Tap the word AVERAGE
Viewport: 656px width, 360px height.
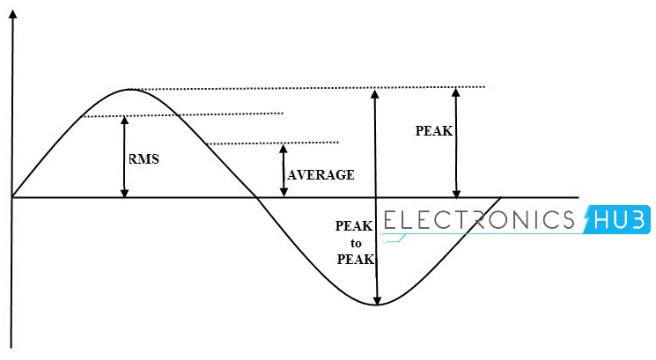coord(321,175)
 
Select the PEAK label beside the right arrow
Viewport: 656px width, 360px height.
coord(433,130)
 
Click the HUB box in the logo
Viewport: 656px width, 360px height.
coord(617,217)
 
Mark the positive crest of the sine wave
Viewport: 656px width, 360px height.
coord(130,90)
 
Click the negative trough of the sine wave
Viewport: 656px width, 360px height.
coord(377,305)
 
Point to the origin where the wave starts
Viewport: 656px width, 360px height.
coord(12,196)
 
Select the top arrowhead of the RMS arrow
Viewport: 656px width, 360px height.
coord(124,121)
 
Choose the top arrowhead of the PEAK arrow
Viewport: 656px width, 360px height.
coord(455,92)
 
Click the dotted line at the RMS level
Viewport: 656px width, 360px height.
coord(229,114)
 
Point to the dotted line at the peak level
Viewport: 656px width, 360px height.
coord(352,87)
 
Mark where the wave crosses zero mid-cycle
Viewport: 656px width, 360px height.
coord(255,196)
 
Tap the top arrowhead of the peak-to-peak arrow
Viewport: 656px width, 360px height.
coord(376,94)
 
